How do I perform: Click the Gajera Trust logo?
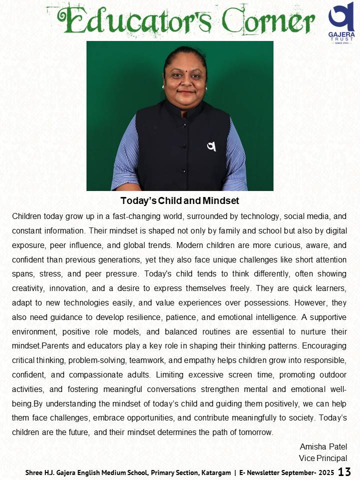(341, 22)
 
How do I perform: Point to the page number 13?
(345, 471)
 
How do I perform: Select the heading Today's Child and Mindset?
(180, 201)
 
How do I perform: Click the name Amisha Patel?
(323, 446)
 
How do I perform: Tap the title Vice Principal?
(323, 458)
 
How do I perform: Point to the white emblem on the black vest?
(211, 146)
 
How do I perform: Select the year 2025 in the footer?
(325, 472)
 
